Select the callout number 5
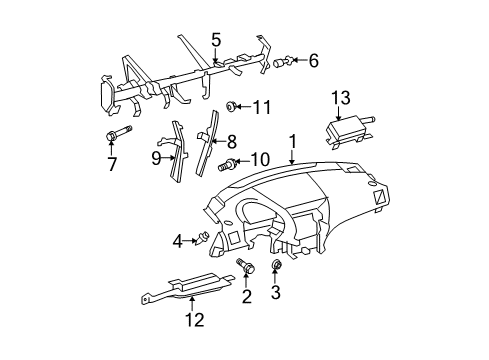[215, 40]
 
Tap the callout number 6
[313, 62]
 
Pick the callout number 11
[261, 107]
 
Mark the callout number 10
[259, 159]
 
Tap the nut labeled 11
[231, 106]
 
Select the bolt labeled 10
[234, 163]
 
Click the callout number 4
[177, 240]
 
